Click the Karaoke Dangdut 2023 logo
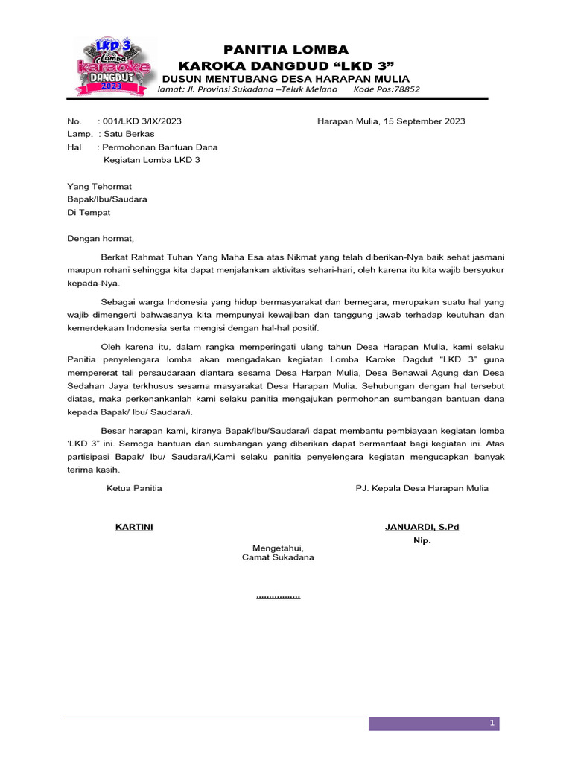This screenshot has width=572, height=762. [110, 67]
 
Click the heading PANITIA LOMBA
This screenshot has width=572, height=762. [286, 50]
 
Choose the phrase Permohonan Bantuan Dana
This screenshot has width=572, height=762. [160, 147]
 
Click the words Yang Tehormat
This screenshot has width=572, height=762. [99, 187]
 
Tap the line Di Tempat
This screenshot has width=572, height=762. [89, 212]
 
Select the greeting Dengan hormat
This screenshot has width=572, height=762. [101, 239]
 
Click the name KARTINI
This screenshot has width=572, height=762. [134, 527]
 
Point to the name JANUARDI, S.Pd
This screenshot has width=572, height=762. [422, 527]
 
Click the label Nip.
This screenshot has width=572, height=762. [422, 540]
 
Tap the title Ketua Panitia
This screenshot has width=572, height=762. [134, 488]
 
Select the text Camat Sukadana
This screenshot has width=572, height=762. [278, 557]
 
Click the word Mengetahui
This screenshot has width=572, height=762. [278, 547]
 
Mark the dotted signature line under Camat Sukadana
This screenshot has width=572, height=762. [278, 596]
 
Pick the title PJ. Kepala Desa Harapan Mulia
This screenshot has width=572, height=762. [422, 488]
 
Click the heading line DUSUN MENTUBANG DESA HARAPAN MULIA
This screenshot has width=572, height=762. [285, 79]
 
